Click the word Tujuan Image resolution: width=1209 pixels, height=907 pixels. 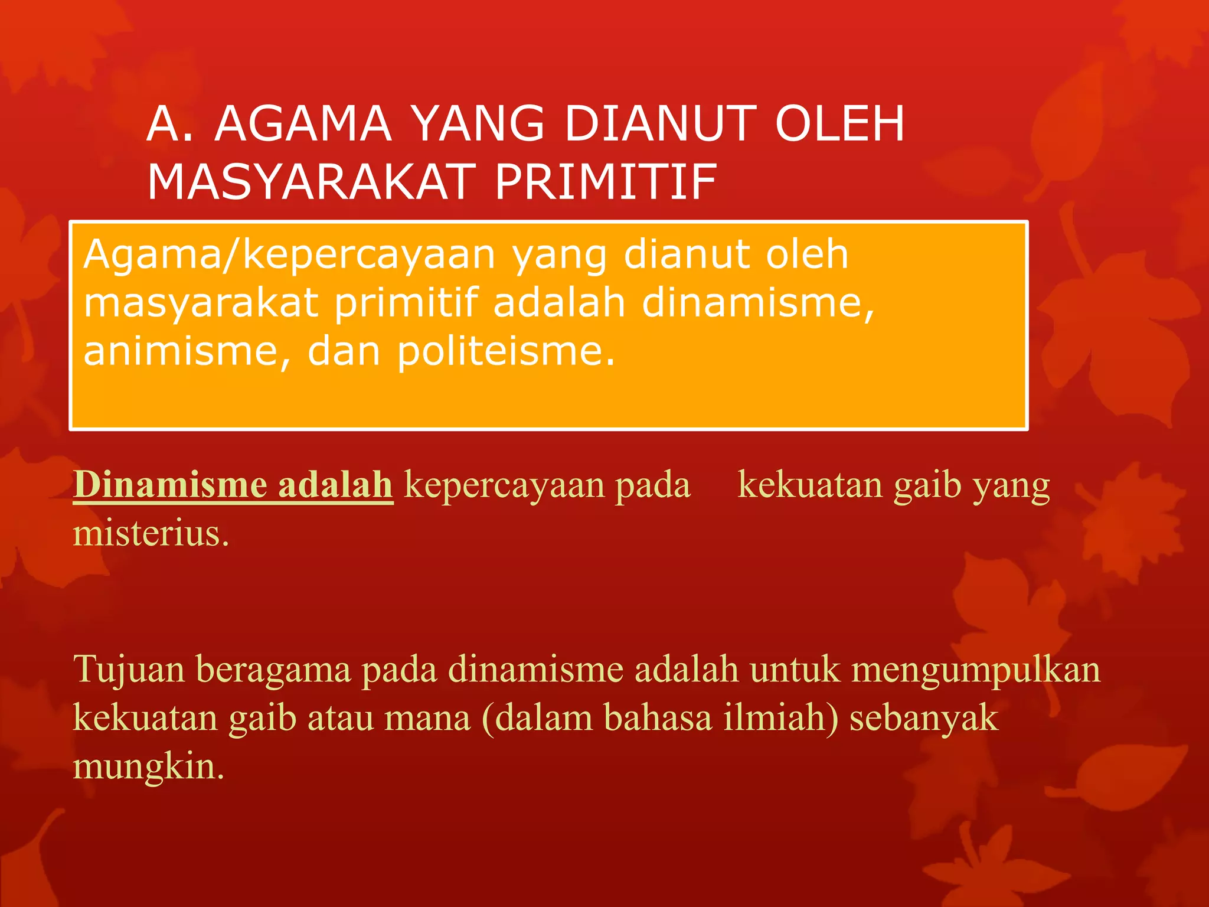click(129, 670)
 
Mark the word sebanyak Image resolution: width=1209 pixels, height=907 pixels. click(923, 719)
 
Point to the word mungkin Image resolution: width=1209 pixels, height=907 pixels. click(149, 767)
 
